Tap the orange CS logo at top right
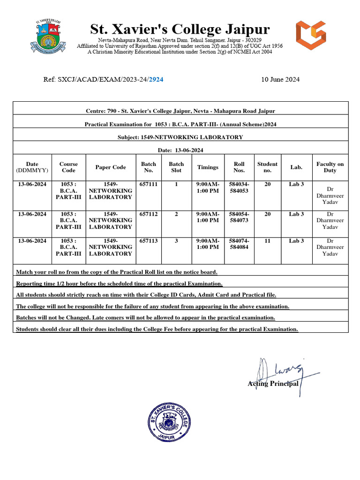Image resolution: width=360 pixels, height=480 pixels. click(311, 36)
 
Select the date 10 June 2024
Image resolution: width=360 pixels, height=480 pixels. click(280, 79)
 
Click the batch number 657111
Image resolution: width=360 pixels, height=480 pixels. click(149, 184)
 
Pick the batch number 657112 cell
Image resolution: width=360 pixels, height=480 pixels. click(149, 214)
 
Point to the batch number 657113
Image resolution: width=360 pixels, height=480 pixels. click(149, 240)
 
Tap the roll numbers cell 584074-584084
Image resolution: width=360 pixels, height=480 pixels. click(239, 244)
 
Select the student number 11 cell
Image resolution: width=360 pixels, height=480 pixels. click(267, 240)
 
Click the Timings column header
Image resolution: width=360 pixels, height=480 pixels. click(208, 167)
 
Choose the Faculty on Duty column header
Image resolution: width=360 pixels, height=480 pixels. click(330, 167)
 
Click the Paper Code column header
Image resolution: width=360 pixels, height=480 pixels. click(111, 167)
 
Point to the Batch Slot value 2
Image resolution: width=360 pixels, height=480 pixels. click(176, 214)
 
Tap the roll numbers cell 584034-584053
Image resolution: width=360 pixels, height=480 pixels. click(239, 187)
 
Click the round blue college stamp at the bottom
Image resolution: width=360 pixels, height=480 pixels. click(170, 422)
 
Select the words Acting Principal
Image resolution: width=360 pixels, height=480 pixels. click(273, 383)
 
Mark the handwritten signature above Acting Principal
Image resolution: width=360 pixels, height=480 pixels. click(281, 370)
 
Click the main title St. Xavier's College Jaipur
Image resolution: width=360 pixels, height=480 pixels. click(180, 30)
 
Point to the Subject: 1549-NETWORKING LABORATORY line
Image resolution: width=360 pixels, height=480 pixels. click(180, 137)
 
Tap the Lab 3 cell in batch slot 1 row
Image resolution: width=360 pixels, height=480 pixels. click(296, 184)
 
